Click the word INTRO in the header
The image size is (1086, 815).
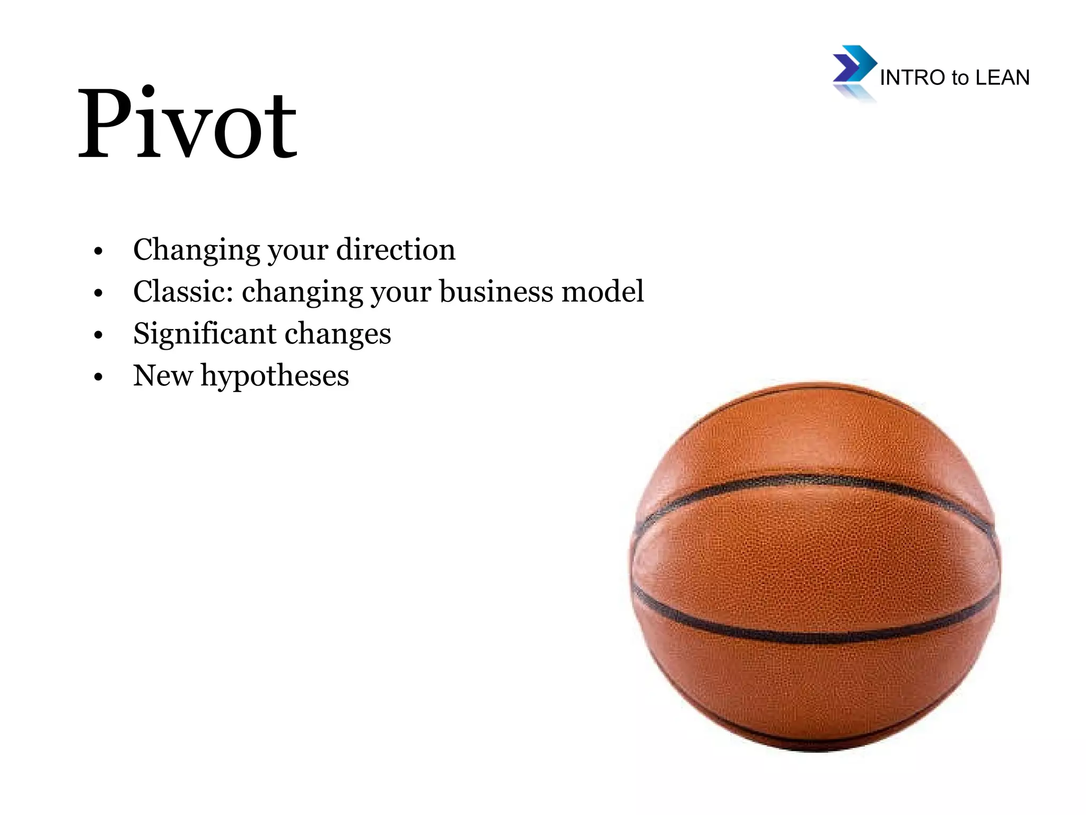(912, 78)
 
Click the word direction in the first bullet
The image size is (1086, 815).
(396, 249)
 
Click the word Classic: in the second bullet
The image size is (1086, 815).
(183, 291)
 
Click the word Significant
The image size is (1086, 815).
(205, 334)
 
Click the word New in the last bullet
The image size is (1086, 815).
(163, 376)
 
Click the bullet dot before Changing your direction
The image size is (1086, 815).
(98, 251)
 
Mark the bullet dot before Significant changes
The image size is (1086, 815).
(98, 335)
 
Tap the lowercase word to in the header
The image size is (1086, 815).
(960, 78)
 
